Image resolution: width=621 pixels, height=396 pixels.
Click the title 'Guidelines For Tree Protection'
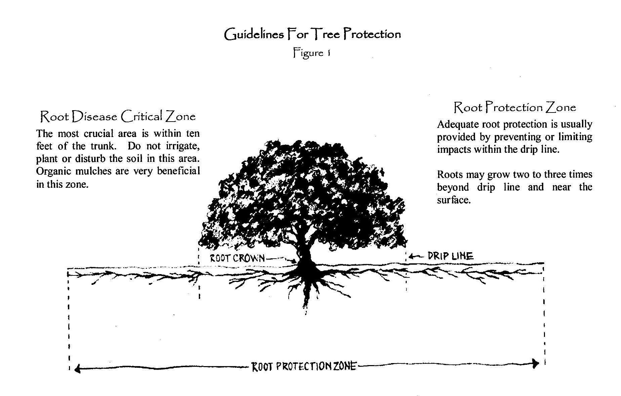pos(313,34)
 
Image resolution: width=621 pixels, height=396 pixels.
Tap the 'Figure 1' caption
pos(312,53)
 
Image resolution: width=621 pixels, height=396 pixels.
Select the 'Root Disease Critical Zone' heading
pos(118,116)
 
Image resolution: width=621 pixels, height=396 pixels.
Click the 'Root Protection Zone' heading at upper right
pos(515,107)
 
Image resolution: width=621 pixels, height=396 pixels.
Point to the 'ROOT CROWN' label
pos(238,258)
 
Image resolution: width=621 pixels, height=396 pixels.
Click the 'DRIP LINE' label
pos(450,256)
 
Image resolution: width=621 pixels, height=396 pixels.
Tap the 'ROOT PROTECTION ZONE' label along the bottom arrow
pos(304,366)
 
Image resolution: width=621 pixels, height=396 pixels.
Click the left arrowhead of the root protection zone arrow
pos(77,369)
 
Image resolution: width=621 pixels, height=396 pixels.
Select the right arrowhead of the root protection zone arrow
pos(536,363)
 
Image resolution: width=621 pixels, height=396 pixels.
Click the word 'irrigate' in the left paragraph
pos(183,147)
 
